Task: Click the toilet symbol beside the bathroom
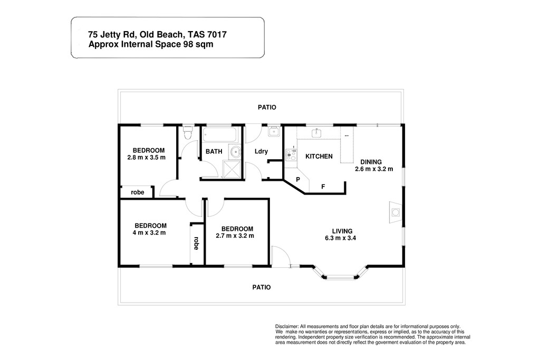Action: [x=187, y=133]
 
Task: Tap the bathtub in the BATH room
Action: [x=219, y=134]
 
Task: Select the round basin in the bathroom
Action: [x=236, y=152]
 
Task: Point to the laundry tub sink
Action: [x=274, y=131]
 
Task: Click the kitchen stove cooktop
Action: [x=291, y=155]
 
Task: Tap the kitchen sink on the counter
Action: [x=316, y=132]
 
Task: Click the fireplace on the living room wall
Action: [x=396, y=212]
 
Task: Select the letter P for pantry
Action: [x=298, y=180]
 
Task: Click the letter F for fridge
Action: [x=323, y=187]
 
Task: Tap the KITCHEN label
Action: [x=319, y=156]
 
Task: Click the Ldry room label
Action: [x=261, y=151]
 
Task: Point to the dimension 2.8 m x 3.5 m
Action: [x=147, y=158]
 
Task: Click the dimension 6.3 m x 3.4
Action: [x=340, y=238]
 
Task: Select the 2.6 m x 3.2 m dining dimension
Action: [x=374, y=169]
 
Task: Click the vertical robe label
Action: [x=196, y=243]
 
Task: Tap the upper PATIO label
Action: [x=267, y=108]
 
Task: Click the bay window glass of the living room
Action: [x=340, y=276]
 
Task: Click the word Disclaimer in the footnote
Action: [x=286, y=327]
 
